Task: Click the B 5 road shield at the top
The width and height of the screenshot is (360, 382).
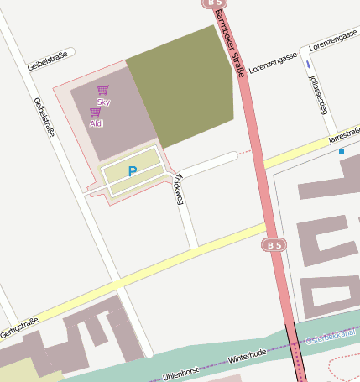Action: point(212,3)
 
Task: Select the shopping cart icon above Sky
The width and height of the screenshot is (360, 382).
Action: point(102,90)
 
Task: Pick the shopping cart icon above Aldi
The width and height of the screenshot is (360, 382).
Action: point(96,112)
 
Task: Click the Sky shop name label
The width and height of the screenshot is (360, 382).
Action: point(103,102)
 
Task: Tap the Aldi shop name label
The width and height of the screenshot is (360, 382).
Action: point(97,123)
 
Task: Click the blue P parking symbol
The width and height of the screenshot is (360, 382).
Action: point(132,171)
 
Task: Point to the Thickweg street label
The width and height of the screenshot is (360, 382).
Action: point(177,188)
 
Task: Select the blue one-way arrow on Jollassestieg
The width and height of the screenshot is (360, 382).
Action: point(308,64)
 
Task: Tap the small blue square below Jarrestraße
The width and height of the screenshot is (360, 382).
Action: point(342,152)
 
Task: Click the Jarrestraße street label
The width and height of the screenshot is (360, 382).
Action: point(344,134)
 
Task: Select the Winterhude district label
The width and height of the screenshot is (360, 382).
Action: point(247,356)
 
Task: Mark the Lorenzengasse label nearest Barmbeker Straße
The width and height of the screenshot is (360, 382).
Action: point(274,63)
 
